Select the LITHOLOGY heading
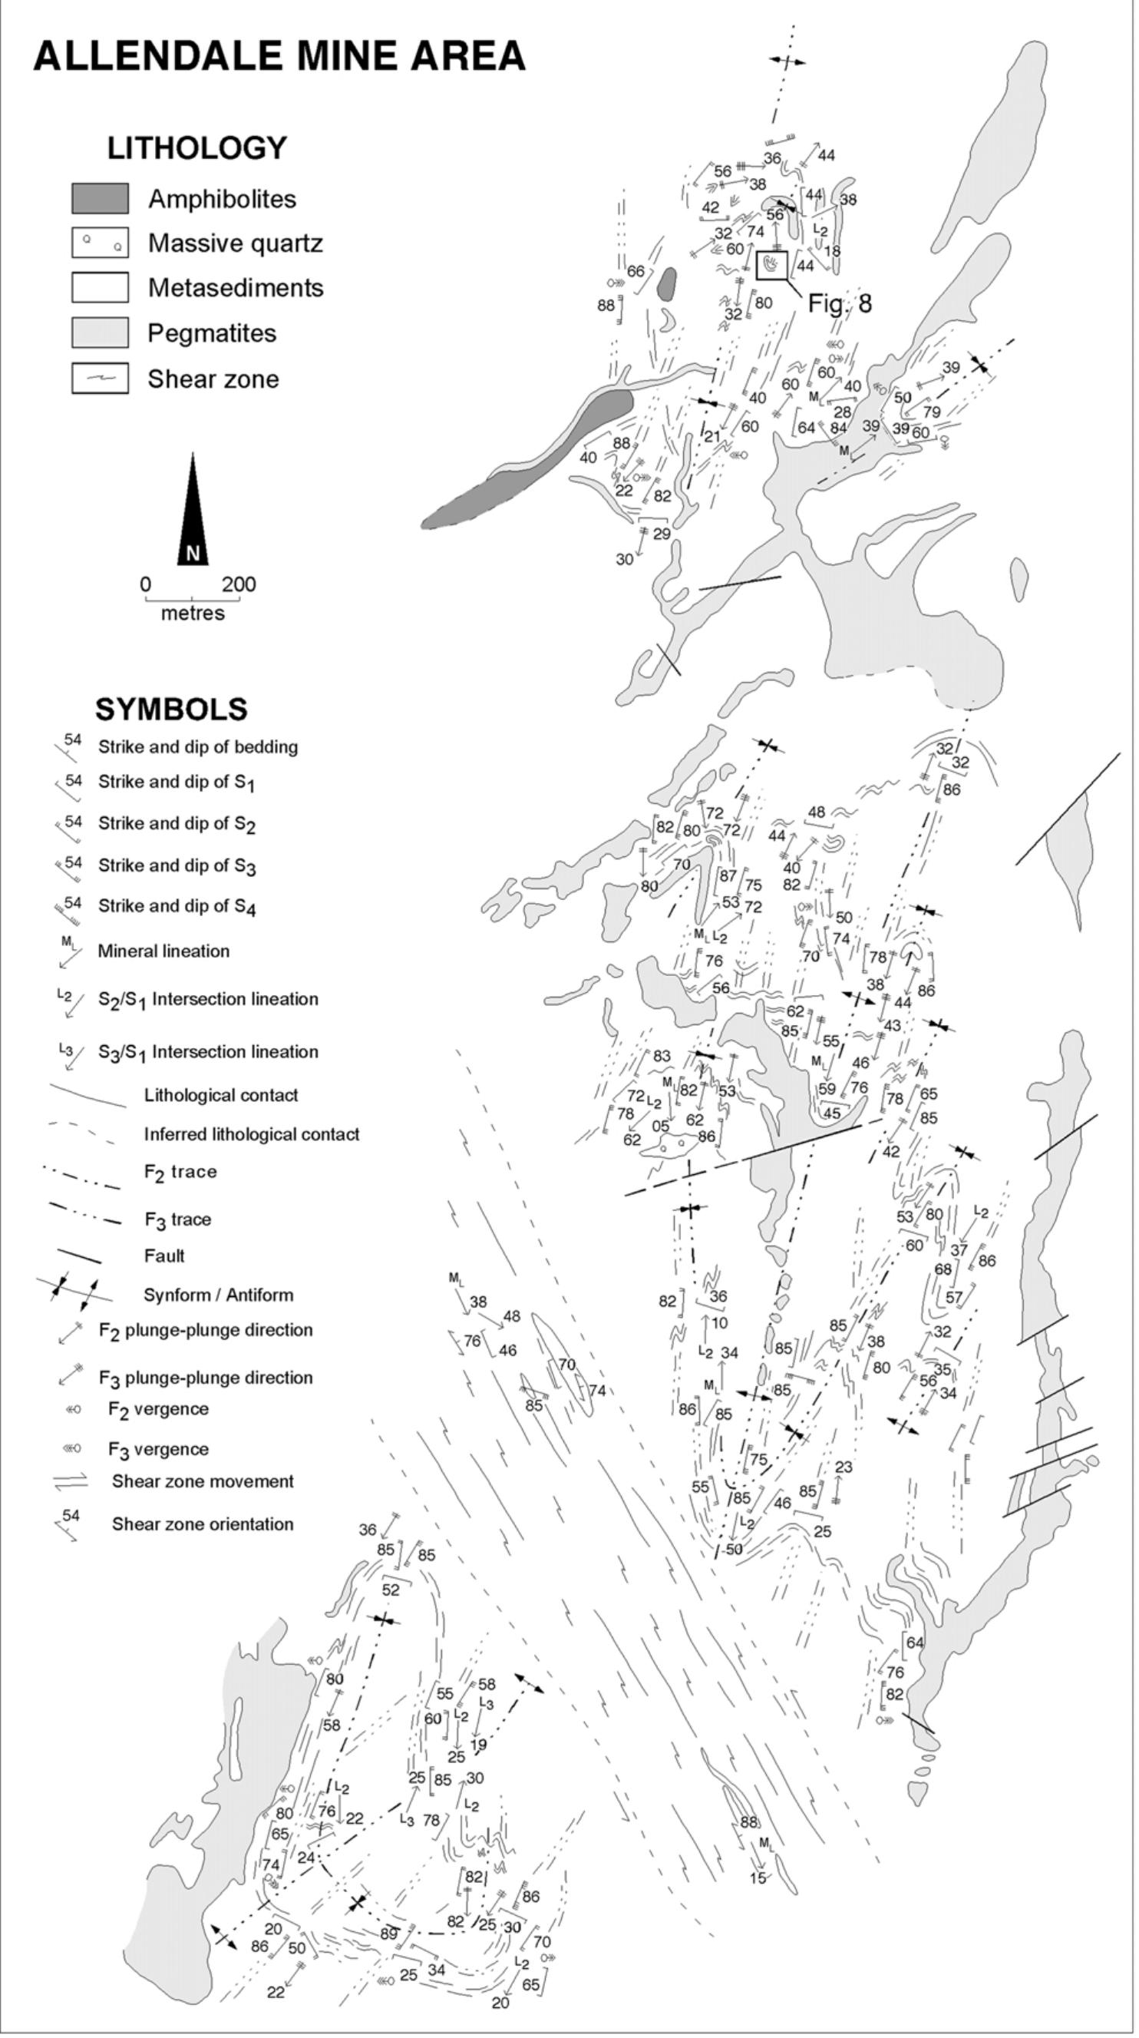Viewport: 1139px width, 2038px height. pos(197,148)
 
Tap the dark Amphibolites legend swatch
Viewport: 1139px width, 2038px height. pos(100,199)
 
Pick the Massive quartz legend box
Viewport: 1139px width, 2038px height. pos(100,243)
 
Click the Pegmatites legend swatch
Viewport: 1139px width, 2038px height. pos(100,332)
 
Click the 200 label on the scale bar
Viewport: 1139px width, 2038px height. pos(239,584)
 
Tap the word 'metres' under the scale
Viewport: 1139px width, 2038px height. pos(192,613)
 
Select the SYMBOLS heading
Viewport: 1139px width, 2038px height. pos(171,709)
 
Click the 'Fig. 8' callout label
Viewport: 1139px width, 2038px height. pos(839,303)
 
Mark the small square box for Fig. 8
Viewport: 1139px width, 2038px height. pos(772,265)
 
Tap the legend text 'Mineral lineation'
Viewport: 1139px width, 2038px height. pos(163,951)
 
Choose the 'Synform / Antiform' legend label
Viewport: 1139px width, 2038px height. pos(218,1295)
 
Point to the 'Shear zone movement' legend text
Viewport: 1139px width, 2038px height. pos(203,1481)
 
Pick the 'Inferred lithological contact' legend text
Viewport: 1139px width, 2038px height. pos(252,1134)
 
